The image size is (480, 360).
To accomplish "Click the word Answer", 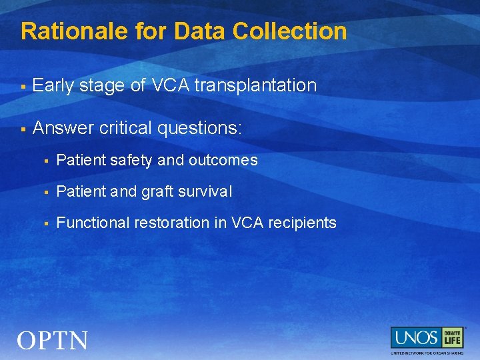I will point(63,127).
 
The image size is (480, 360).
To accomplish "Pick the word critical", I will point(127,127).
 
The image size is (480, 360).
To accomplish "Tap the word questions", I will point(201,127).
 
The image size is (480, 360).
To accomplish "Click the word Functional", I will point(93,223).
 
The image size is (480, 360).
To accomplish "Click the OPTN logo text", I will point(53,341).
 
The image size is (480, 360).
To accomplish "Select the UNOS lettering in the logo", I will point(415,337).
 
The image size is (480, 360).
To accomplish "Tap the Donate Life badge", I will point(452,337).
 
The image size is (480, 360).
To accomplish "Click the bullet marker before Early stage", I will point(23,86).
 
